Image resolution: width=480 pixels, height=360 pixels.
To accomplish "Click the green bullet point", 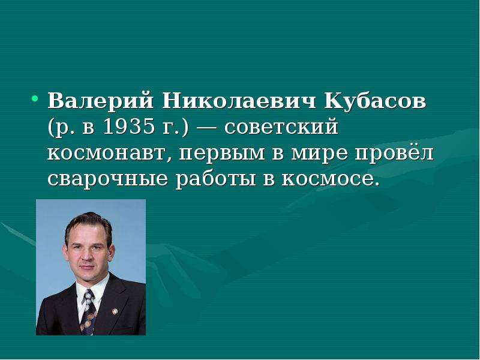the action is tap(35, 98).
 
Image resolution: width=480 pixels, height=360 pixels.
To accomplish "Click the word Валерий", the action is tap(100, 100).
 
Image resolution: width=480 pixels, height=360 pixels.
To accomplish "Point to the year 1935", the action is tap(128, 126).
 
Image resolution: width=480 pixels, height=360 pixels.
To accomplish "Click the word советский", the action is tap(281, 127).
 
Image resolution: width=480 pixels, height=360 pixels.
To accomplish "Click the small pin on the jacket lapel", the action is tap(115, 311).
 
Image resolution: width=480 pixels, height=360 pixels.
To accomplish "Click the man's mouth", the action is tap(87, 266).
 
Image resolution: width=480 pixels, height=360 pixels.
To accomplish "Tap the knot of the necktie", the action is tap(89, 295).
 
